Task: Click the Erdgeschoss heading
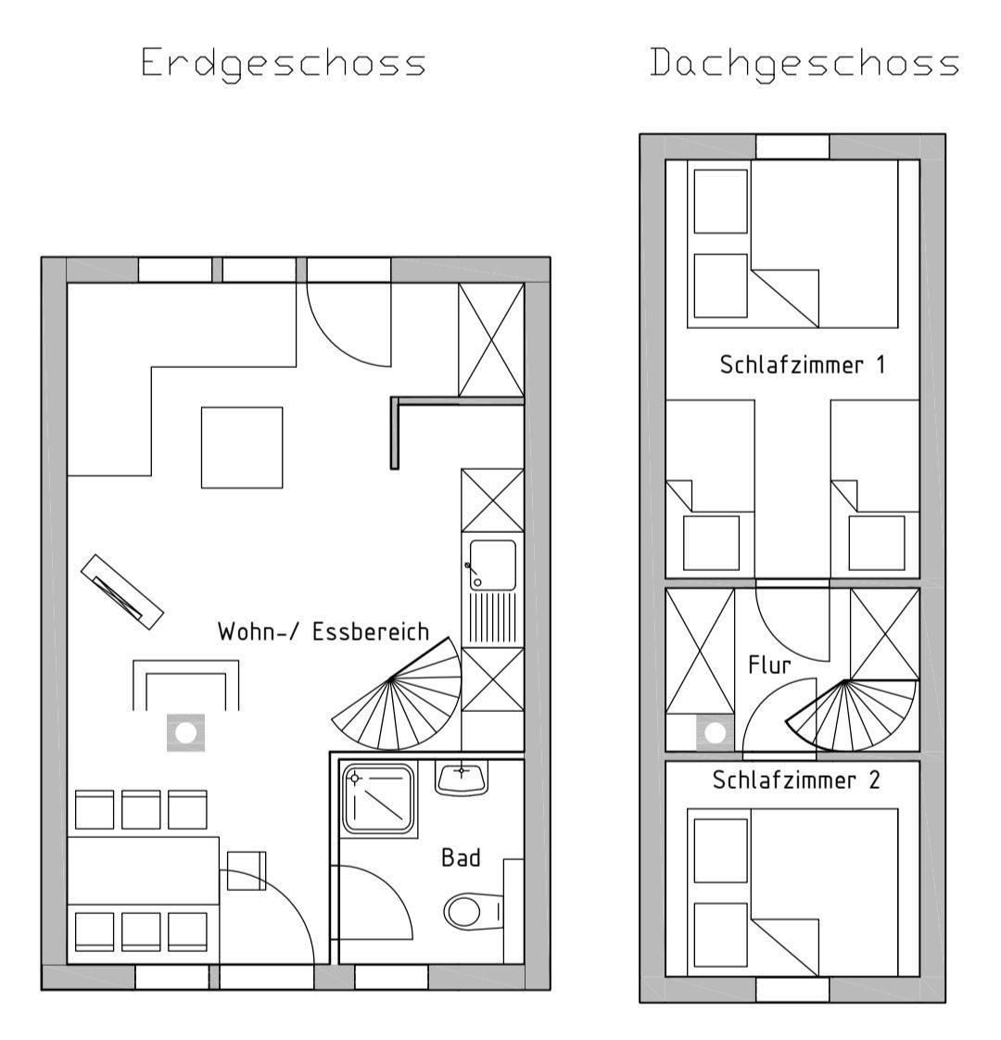point(284,64)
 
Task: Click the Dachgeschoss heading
point(805,64)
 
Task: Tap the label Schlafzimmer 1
point(803,365)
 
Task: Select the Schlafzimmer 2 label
point(796,780)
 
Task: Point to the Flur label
point(769,665)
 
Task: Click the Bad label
point(461,857)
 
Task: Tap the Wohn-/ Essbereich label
point(323,631)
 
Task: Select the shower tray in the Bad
point(379,799)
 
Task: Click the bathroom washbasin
point(462,778)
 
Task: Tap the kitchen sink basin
point(493,564)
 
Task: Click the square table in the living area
point(242,448)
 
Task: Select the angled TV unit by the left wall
point(122,591)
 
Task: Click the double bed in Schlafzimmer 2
point(792,892)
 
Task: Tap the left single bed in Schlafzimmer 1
point(711,488)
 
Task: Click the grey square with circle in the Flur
point(716,733)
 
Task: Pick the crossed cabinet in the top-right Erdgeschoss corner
point(491,340)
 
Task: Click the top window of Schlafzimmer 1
point(792,146)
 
